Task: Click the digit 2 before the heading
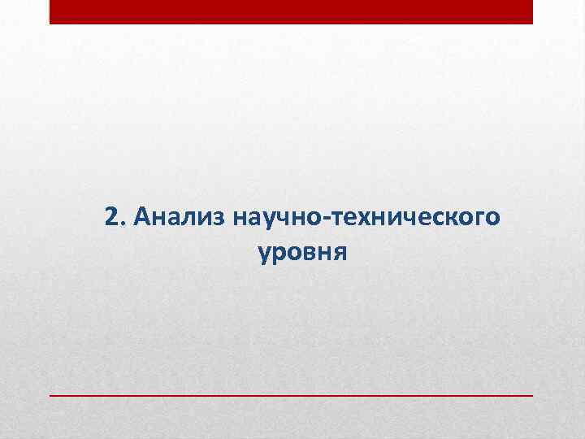pos(113,217)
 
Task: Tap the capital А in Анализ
pos(144,217)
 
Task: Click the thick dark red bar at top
pos(291,11)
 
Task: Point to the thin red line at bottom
pos(291,394)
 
